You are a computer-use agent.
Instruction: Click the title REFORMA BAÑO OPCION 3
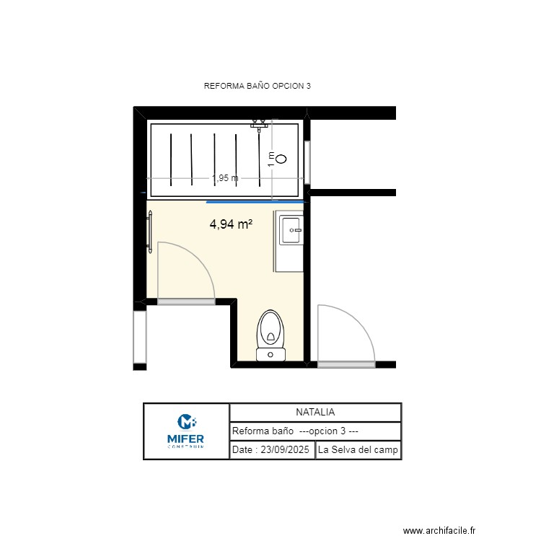[258, 86]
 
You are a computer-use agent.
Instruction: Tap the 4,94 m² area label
[231, 224]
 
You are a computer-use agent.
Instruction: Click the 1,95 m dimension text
[224, 178]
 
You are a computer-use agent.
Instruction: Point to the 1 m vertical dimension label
[271, 159]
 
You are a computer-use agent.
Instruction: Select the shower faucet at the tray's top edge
[259, 125]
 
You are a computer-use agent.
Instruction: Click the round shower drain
[281, 159]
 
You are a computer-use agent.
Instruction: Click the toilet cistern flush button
[271, 354]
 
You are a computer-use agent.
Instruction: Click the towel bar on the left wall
[150, 232]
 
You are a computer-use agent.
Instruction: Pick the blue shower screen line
[257, 202]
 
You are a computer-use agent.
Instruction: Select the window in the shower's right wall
[307, 163]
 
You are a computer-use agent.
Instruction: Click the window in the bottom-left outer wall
[140, 337]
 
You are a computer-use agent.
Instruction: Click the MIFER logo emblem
[187, 421]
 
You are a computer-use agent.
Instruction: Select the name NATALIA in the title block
[315, 413]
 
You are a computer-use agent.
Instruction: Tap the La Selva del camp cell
[359, 450]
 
